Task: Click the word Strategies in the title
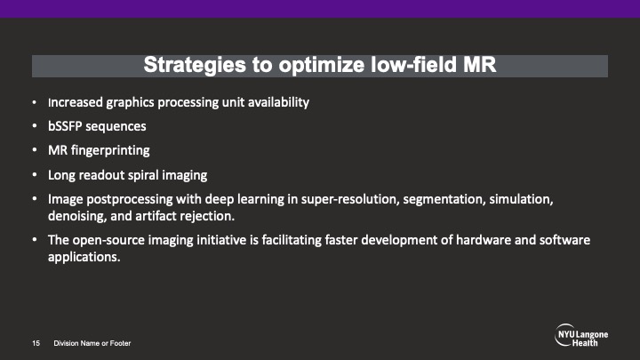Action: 195,65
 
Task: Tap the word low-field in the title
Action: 413,65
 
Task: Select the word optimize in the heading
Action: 322,65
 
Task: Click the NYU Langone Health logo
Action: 581,335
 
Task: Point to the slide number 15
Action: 36,343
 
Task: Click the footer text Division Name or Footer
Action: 92,343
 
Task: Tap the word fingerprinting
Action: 110,150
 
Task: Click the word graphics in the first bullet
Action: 130,102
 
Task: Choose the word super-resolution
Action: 350,199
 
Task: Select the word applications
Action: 84,257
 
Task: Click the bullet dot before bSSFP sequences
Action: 35,126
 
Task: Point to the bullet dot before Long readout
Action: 35,175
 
